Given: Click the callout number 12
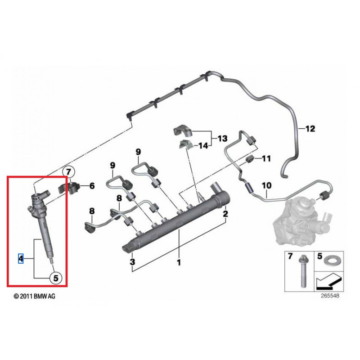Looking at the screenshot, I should click(310, 129).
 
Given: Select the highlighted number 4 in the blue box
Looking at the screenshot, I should click(20, 258).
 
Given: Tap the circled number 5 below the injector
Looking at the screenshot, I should click(55, 278).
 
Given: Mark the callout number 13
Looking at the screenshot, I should click(223, 139).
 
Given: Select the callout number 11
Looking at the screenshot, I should click(266, 158).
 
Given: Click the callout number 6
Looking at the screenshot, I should click(92, 185).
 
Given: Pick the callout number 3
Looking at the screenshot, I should click(133, 262).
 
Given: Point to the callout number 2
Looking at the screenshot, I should click(225, 214).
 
